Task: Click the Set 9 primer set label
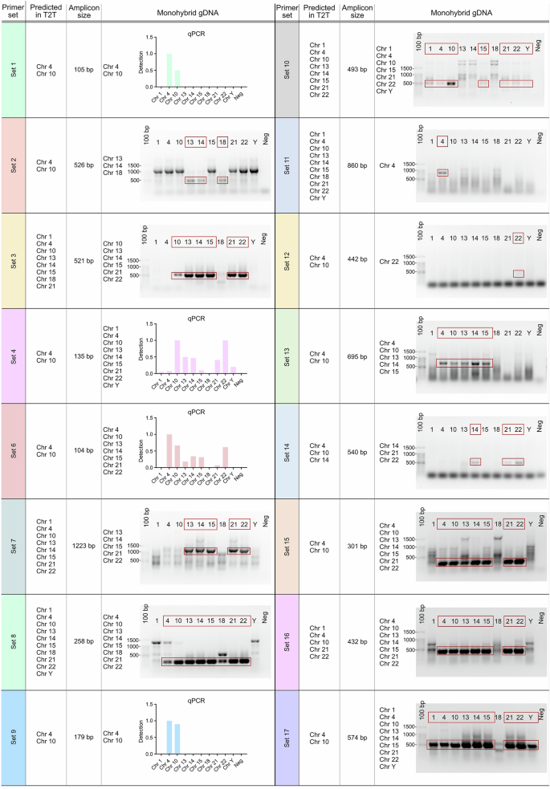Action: coord(14,737)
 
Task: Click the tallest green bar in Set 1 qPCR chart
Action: coord(169,75)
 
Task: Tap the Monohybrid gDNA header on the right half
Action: coord(461,12)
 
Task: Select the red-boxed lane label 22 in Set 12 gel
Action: coord(518,237)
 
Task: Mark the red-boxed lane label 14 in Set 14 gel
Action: coord(475,429)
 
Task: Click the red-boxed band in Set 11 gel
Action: coord(442,173)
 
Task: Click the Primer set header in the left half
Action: coord(14,12)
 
